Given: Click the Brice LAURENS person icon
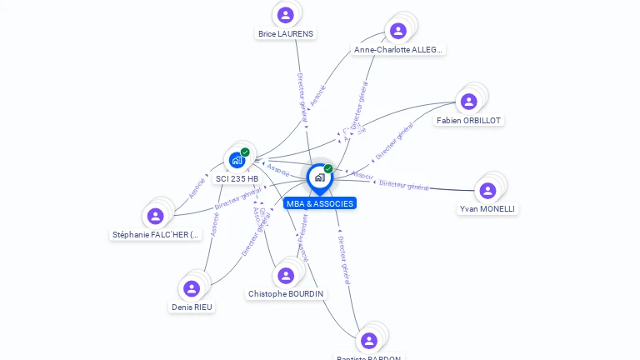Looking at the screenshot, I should tap(286, 14).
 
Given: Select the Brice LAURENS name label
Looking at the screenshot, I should tap(286, 34).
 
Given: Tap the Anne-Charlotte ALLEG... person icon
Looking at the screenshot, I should tap(398, 31).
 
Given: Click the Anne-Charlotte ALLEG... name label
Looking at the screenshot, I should tap(398, 50).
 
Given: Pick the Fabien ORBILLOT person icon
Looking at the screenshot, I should tap(469, 102).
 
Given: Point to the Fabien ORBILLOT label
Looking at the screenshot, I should tap(469, 121).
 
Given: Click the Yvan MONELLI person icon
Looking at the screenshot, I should tap(487, 191).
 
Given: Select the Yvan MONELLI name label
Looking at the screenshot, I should tap(487, 209).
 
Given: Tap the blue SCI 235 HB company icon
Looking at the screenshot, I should tap(237, 159).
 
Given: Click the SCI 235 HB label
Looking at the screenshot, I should tap(237, 178).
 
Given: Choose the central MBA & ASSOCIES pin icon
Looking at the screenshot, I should tap(319, 177).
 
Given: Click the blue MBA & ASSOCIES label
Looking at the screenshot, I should tap(319, 203).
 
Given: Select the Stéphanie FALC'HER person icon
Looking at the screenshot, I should tap(155, 216).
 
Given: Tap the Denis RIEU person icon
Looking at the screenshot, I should tap(192, 288).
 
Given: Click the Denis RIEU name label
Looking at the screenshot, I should tap(192, 307).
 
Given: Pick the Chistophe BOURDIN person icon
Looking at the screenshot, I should tap(286, 275).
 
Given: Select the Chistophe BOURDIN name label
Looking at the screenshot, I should tap(287, 294).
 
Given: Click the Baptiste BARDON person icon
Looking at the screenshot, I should tap(369, 340).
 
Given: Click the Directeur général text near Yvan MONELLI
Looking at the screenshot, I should tap(404, 185).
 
